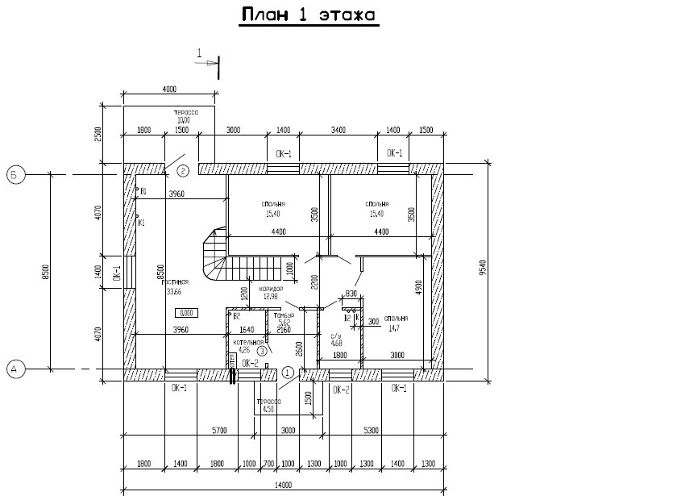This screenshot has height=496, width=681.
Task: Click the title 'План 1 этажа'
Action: [x=309, y=15]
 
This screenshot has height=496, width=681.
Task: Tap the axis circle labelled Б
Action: [x=15, y=173]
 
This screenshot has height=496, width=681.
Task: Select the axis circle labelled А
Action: [x=15, y=369]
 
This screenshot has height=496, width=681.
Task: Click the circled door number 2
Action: [x=183, y=170]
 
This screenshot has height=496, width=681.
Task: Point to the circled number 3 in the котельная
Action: [x=262, y=351]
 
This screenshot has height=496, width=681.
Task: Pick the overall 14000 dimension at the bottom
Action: [x=284, y=485]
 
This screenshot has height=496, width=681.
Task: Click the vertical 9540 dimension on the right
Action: [x=482, y=268]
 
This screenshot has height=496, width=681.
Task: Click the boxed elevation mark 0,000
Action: [x=186, y=313]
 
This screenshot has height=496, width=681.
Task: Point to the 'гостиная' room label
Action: [x=176, y=282]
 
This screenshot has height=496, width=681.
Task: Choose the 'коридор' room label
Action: [x=270, y=288]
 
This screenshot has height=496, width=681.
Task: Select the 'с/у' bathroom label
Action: [x=337, y=336]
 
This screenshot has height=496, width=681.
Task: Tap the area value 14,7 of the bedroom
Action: [x=394, y=328]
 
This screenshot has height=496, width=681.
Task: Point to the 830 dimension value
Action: [x=351, y=294]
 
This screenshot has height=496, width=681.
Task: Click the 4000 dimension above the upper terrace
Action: [x=169, y=89]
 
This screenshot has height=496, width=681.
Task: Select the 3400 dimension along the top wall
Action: [x=338, y=129]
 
